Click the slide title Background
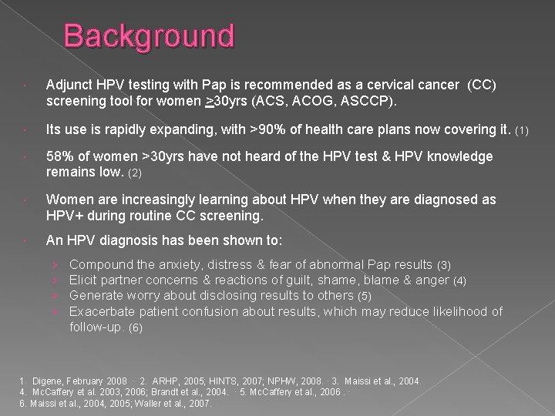(149, 36)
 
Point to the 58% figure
(61, 156)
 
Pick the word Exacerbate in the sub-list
(103, 312)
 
